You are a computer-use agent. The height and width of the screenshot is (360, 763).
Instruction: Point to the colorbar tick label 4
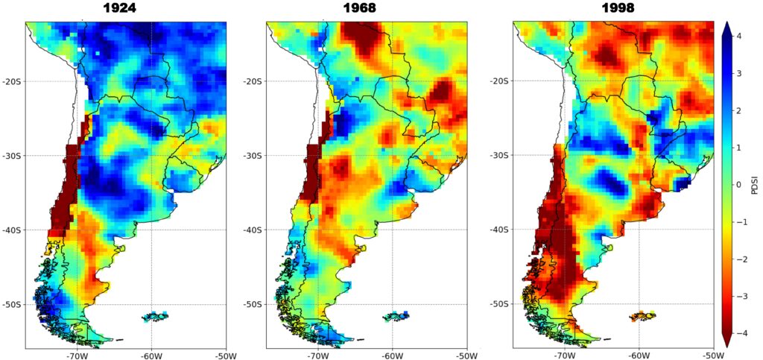click(x=737, y=36)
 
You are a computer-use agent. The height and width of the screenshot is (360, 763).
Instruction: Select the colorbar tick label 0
click(x=737, y=183)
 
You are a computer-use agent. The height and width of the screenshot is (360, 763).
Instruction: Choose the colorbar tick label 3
click(x=737, y=73)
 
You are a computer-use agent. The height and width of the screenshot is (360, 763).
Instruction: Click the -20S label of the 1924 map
click(x=11, y=81)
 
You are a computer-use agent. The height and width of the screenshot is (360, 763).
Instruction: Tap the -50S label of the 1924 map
click(x=11, y=304)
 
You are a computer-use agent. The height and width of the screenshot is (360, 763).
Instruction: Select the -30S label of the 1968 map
click(x=253, y=156)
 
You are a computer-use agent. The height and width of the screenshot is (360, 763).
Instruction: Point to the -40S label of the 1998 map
click(x=500, y=230)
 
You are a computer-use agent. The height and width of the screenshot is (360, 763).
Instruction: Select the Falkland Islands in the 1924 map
click(x=155, y=317)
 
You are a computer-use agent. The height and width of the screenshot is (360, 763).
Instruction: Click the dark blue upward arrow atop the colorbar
click(x=726, y=27)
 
